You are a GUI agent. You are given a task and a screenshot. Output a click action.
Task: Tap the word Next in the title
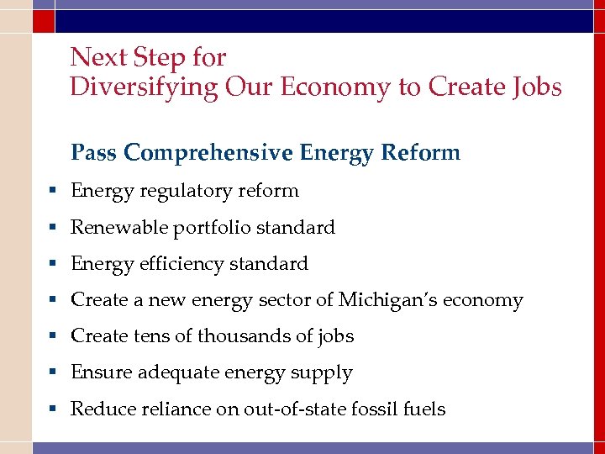(x=92, y=57)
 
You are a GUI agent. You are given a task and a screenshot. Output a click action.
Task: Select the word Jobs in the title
(x=534, y=87)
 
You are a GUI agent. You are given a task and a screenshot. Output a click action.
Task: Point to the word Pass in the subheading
(x=94, y=153)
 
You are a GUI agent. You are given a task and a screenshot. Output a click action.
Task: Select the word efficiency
(x=183, y=264)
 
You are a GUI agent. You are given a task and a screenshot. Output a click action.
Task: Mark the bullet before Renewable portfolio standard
(x=53, y=228)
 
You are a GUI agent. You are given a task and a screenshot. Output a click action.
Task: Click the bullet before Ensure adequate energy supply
(x=53, y=372)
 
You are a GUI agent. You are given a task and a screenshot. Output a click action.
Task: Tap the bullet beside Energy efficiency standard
(x=53, y=264)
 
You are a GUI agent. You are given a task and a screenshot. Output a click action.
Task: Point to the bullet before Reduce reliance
(x=53, y=409)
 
